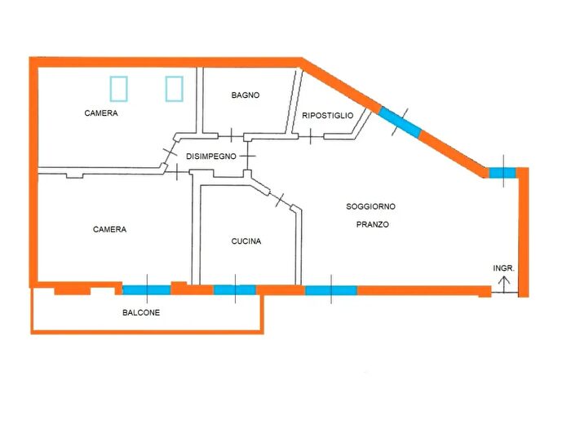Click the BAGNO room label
coord(245,95)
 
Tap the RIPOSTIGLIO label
coord(327,116)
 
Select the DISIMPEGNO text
coord(211,156)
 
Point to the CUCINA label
coord(246,241)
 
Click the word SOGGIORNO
coord(371,207)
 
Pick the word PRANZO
coord(371,223)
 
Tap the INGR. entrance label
coord(504,268)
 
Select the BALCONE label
coord(141,313)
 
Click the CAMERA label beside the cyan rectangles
coord(101,113)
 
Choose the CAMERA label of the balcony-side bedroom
coord(109,230)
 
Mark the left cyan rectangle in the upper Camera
coord(120,88)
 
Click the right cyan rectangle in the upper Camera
coord(174,88)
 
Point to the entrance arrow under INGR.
coord(504,285)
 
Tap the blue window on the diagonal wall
coord(400,123)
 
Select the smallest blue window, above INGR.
coord(502,173)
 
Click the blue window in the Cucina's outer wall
coord(235,289)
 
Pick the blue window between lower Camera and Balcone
coord(147,289)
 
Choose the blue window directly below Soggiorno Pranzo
coord(330,289)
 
